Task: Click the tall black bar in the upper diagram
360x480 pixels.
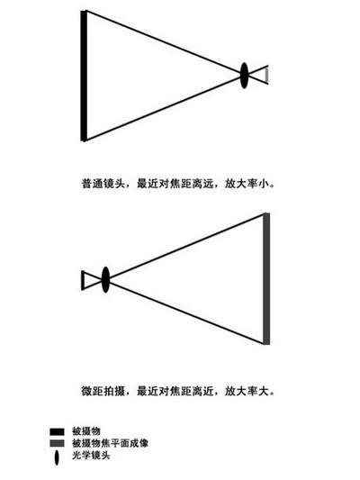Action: pos(83,76)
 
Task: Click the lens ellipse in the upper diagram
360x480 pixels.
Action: pos(244,76)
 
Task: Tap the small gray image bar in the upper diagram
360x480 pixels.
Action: pos(267,75)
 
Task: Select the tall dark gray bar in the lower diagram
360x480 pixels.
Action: pos(266,279)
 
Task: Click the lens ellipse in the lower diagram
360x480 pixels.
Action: pos(105,279)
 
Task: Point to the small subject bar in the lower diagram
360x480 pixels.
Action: pos(82,280)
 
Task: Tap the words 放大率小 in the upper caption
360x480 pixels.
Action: pos(247,184)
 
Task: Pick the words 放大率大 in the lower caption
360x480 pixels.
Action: pos(247,391)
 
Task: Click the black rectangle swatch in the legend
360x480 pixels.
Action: pos(58,432)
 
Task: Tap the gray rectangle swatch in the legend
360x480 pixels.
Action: pos(58,443)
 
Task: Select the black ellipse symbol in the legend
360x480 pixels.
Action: pos(57,457)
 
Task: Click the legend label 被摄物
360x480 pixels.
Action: pos(86,431)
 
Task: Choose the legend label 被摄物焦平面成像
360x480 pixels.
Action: pos(110,443)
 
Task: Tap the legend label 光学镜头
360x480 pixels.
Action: pos(91,455)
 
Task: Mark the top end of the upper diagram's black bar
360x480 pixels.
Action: pos(83,11)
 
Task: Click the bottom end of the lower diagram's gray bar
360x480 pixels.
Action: pos(266,344)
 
